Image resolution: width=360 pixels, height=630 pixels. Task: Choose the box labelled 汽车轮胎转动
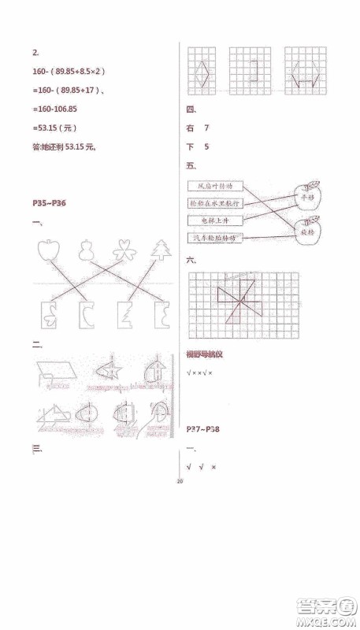point(215,237)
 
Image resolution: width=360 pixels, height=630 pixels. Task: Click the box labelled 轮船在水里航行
point(215,204)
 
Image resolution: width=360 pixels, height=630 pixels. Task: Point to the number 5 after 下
point(206,146)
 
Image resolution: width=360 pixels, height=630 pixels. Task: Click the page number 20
point(180,480)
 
